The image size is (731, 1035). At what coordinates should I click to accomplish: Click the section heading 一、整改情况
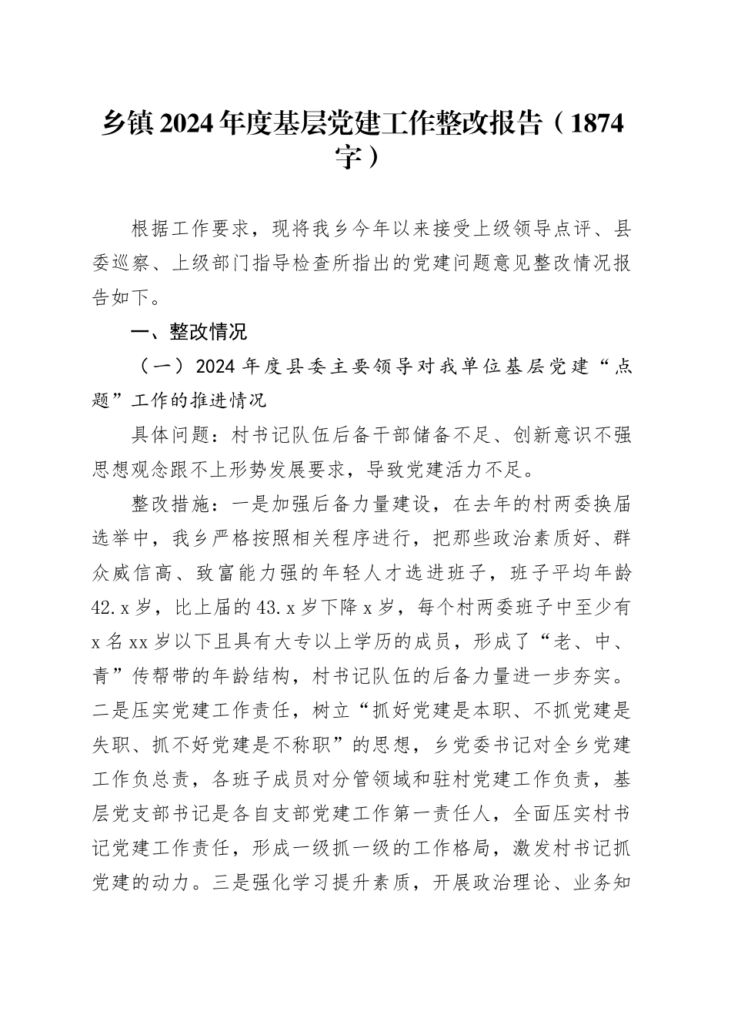coord(189,332)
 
